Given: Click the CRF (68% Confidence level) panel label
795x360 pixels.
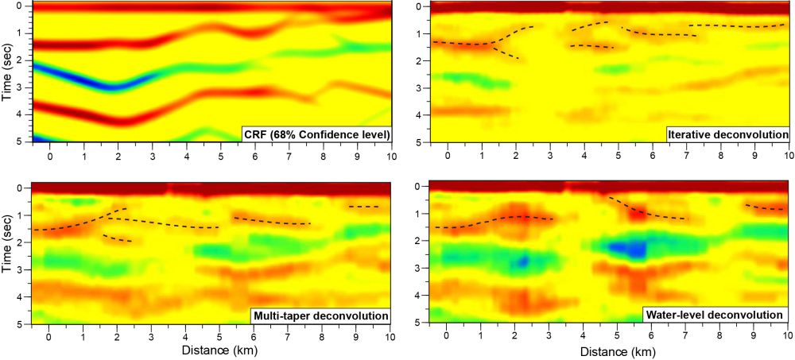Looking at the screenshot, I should click(317, 134).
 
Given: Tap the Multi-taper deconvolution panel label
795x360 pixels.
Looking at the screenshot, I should click(320, 316).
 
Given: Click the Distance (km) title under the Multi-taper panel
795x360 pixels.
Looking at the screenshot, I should click(219, 350).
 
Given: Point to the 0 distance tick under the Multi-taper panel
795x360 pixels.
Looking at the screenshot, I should click(49, 335).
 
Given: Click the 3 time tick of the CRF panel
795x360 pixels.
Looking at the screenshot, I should click(28, 87).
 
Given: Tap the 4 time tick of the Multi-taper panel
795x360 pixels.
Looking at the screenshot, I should click(28, 296).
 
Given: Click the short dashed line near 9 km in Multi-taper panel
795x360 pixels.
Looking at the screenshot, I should click(364, 207).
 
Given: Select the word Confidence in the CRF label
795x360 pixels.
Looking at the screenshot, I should click(322, 134).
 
